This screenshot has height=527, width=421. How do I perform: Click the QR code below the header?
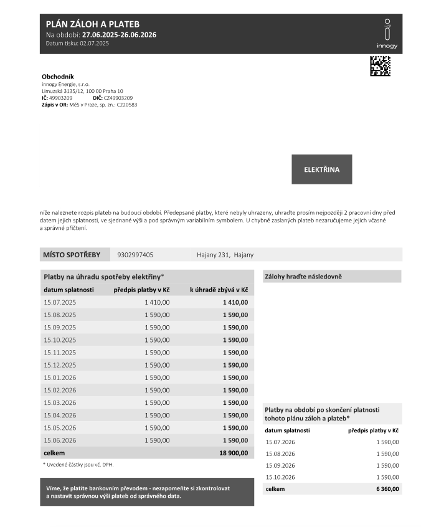[x=380, y=66]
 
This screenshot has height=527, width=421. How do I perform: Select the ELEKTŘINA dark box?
[x=321, y=169]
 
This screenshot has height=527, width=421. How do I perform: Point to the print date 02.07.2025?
[x=94, y=43]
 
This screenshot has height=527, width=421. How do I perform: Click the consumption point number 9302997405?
[x=135, y=255]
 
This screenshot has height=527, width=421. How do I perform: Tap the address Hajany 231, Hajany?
[x=225, y=255]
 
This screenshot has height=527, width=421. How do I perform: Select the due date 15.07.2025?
[x=60, y=302]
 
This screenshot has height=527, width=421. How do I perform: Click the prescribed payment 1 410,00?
[x=157, y=302]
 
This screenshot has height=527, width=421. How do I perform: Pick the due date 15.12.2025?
[x=60, y=365]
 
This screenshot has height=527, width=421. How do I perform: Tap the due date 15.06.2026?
[x=60, y=440]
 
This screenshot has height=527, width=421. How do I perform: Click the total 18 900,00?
[x=234, y=453]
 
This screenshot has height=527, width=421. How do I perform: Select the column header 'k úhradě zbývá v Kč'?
[x=219, y=290]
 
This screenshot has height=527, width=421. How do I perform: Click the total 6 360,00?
[x=387, y=490]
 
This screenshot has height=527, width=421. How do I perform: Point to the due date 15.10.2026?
[x=281, y=477]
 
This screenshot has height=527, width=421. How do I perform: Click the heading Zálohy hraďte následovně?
[x=303, y=276]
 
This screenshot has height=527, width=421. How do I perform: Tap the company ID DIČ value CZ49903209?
[x=118, y=98]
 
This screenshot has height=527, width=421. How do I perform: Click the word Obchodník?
[x=58, y=77]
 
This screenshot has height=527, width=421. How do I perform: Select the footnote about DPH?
[x=78, y=465]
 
